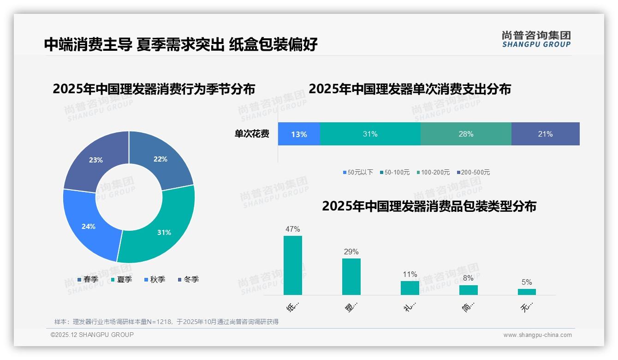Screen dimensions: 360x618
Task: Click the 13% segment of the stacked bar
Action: pyautogui.click(x=299, y=134)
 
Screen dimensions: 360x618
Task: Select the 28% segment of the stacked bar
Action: pyautogui.click(x=466, y=134)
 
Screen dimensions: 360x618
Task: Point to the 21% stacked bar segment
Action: pyautogui.click(x=545, y=134)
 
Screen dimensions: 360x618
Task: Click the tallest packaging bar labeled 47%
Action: pyautogui.click(x=293, y=265)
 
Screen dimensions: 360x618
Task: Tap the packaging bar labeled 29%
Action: pyautogui.click(x=351, y=276)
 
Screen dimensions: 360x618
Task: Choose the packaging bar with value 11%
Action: pyautogui.click(x=410, y=288)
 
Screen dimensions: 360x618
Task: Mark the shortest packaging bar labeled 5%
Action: pyautogui.click(x=527, y=292)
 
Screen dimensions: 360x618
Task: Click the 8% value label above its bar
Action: pyautogui.click(x=468, y=278)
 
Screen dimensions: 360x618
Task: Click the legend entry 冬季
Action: pyautogui.click(x=191, y=279)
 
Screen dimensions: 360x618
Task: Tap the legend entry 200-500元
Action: pyautogui.click(x=475, y=172)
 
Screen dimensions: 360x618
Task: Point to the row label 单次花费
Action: pyautogui.click(x=252, y=134)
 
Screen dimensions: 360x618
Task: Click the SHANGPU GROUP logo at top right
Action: pyautogui.click(x=536, y=39)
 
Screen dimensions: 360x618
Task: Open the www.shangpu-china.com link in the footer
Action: pyautogui.click(x=537, y=335)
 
